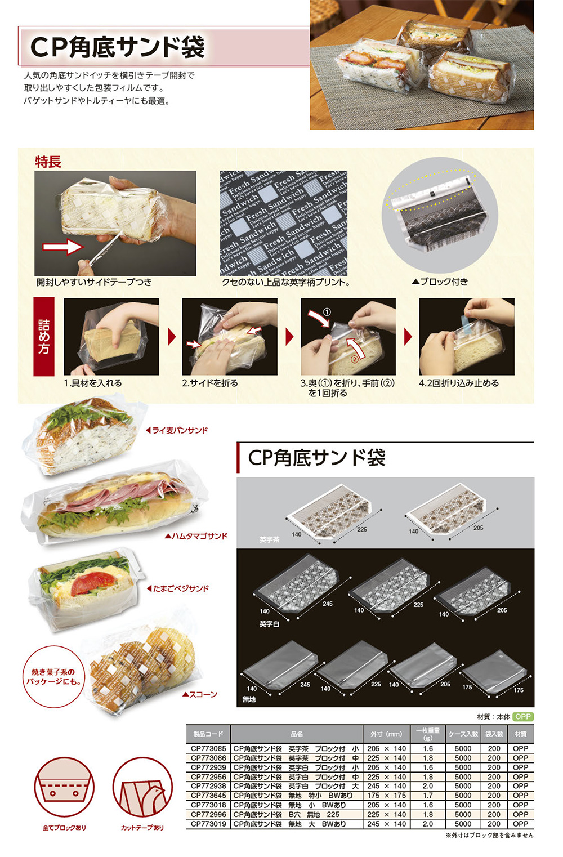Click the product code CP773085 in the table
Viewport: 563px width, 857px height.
tap(208, 749)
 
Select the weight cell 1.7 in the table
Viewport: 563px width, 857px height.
tap(428, 796)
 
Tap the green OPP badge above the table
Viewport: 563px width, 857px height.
tap(523, 717)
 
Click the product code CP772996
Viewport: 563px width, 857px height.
tap(208, 814)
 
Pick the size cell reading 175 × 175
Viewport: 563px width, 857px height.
tap(386, 796)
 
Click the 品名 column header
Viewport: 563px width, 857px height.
tap(297, 734)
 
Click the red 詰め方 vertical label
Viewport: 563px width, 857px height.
tap(44, 337)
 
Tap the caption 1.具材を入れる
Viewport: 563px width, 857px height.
tap(92, 383)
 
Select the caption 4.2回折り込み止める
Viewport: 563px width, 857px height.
tap(459, 383)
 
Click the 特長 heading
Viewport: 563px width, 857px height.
tap(48, 162)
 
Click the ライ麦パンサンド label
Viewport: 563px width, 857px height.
tap(180, 430)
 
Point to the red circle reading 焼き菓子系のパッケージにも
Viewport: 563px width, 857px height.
tap(53, 677)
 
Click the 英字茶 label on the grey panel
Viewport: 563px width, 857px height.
tap(269, 539)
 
